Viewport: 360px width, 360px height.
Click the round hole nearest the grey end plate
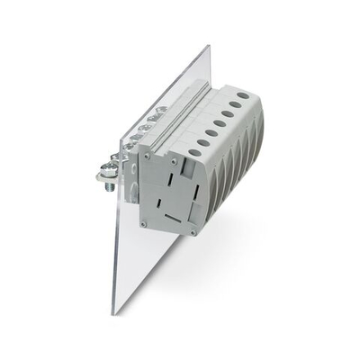194,152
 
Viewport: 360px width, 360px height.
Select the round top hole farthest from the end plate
243,94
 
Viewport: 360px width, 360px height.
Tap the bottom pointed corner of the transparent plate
114,312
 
